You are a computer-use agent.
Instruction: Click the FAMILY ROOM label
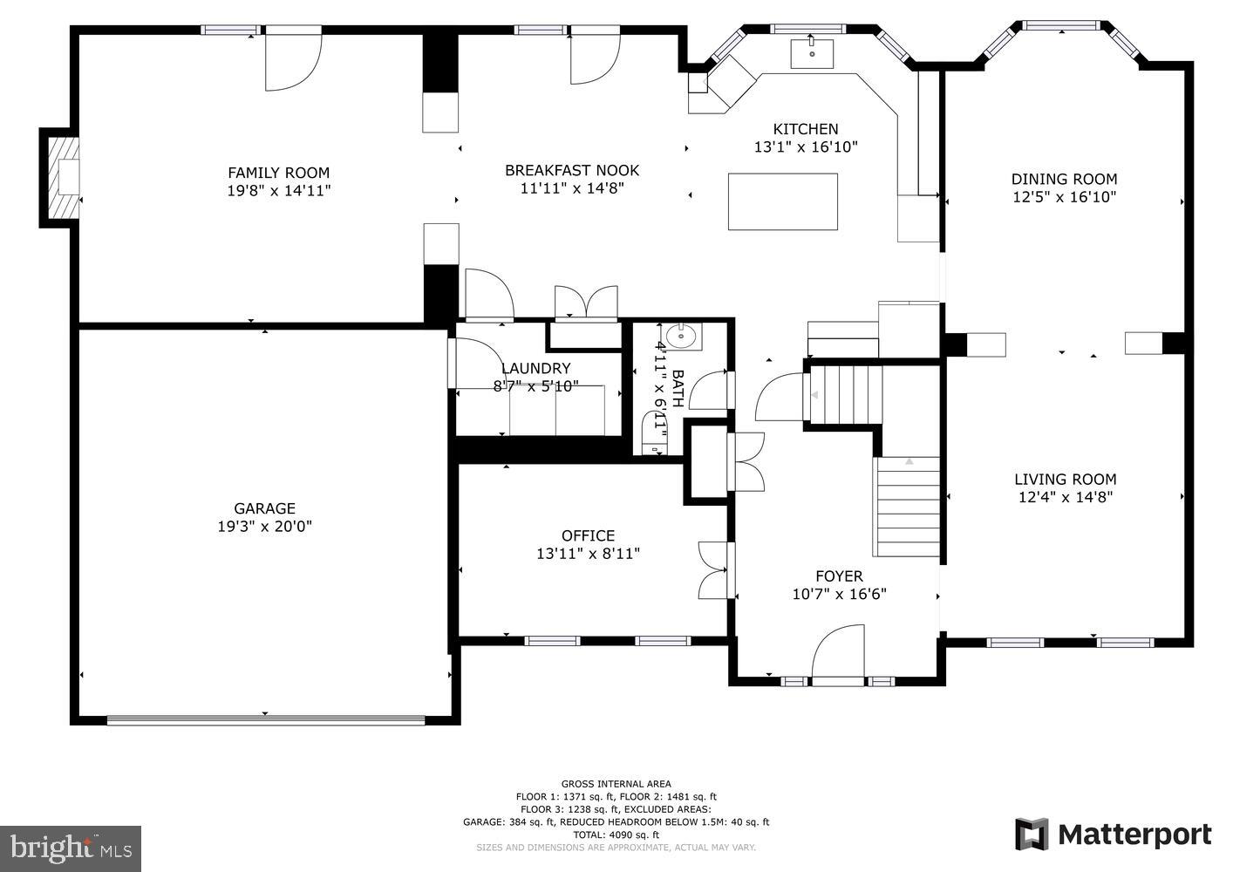278,173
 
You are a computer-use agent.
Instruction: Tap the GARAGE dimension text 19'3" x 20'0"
265,527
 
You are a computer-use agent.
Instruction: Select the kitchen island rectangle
783,201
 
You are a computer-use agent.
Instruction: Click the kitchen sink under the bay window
812,53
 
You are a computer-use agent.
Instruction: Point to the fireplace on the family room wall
63,177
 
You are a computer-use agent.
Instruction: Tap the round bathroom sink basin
681,334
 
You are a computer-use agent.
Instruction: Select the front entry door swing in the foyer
838,655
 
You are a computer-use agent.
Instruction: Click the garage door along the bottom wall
266,719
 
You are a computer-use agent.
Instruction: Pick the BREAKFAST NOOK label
572,171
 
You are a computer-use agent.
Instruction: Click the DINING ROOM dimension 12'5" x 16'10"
1065,197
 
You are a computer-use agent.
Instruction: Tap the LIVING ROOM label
1066,480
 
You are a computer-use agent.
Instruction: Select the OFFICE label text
588,535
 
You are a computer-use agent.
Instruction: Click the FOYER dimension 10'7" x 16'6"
840,595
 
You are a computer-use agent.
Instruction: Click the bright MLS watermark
71,848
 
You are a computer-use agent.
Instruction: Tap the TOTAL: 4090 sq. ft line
616,835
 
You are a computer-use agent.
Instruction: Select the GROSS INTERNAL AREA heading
616,784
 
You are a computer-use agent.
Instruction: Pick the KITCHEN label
806,129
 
